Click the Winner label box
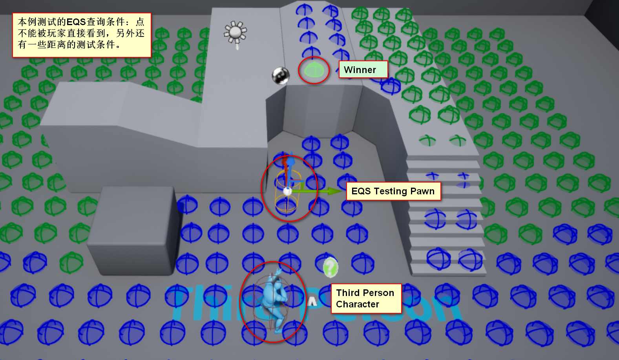pyautogui.click(x=363, y=69)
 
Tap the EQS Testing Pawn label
pyautogui.click(x=393, y=191)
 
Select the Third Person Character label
pyautogui.click(x=366, y=298)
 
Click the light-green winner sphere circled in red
pyautogui.click(x=314, y=70)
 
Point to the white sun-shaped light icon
pyautogui.click(x=235, y=33)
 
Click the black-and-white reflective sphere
pyautogui.click(x=281, y=75)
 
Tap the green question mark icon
pyautogui.click(x=330, y=267)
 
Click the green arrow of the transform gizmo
pyautogui.click(x=334, y=191)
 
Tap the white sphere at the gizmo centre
pyautogui.click(x=287, y=191)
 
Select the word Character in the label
pyautogui.click(x=358, y=304)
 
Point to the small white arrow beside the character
pyautogui.click(x=312, y=302)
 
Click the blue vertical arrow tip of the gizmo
pyautogui.click(x=290, y=161)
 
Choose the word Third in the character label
pyautogui.click(x=348, y=293)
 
